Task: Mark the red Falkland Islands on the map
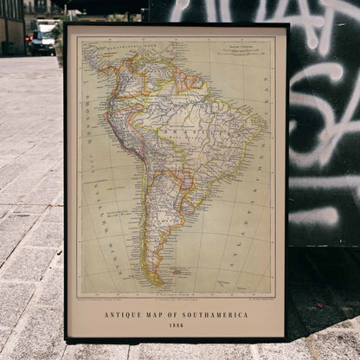point(181,270)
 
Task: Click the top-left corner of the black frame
point(65,22)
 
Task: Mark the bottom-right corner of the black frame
point(289,339)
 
